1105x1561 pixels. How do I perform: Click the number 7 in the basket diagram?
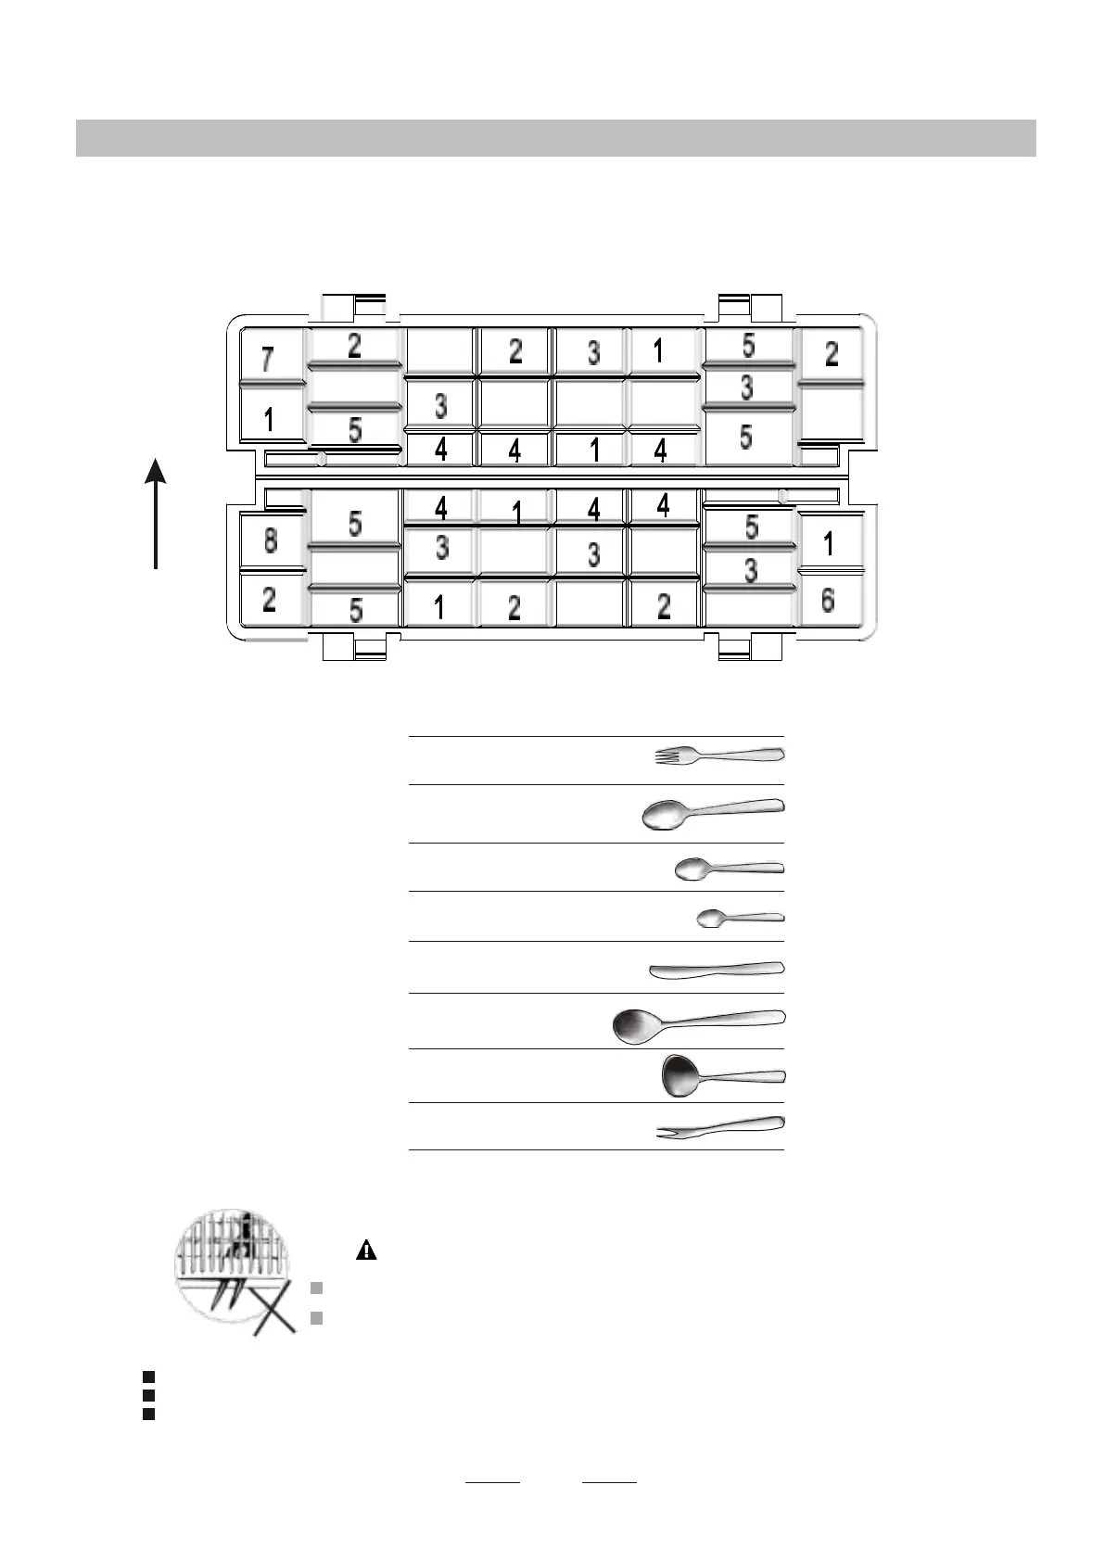pyautogui.click(x=268, y=359)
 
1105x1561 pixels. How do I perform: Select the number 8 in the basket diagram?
pyautogui.click(x=270, y=540)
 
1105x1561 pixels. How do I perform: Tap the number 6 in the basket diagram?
pyautogui.click(x=828, y=601)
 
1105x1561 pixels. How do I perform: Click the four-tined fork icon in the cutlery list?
pyautogui.click(x=718, y=755)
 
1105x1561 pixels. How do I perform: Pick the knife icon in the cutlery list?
pyautogui.click(x=717, y=970)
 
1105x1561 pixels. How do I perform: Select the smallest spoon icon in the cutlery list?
pyautogui.click(x=739, y=918)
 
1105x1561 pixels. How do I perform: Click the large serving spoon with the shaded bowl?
pyautogui.click(x=698, y=1023)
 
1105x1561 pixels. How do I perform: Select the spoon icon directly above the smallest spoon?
pyautogui.click(x=729, y=869)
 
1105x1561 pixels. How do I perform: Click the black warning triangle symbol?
pyautogui.click(x=366, y=1250)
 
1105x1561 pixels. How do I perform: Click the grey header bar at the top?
pyautogui.click(x=555, y=138)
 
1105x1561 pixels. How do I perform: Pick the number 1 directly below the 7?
pyautogui.click(x=269, y=420)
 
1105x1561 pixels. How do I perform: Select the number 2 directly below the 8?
pyautogui.click(x=269, y=600)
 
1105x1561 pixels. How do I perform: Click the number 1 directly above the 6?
pyautogui.click(x=829, y=543)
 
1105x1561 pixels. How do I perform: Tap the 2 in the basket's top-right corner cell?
pyautogui.click(x=832, y=353)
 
